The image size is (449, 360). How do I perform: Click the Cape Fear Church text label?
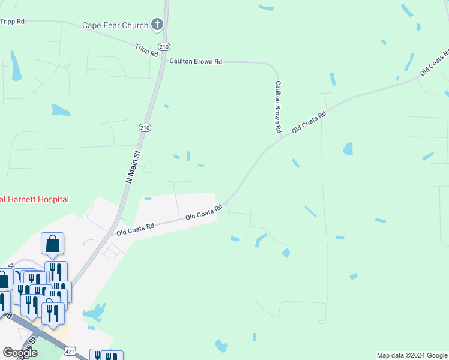click(x=115, y=25)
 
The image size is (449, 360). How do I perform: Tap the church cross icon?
click(x=157, y=25)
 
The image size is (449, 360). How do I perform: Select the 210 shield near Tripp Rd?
click(x=164, y=47)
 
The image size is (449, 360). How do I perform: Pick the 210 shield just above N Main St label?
click(x=145, y=127)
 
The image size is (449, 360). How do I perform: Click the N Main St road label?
click(x=133, y=166)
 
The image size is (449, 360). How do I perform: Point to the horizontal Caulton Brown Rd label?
click(x=196, y=61)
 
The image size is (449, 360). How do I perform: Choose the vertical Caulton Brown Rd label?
click(x=278, y=106)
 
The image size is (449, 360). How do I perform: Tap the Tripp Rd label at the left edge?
click(x=12, y=21)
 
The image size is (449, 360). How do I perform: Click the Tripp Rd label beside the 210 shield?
click(x=146, y=50)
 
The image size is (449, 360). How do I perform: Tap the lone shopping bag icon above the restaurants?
click(x=53, y=244)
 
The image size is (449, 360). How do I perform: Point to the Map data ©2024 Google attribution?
click(x=412, y=355)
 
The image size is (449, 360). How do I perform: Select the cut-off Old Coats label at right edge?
click(x=435, y=62)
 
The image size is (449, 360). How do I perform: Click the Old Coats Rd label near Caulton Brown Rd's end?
click(x=309, y=122)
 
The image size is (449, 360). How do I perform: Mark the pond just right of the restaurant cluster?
click(x=94, y=313)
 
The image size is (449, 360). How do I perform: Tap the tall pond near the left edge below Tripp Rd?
click(x=16, y=65)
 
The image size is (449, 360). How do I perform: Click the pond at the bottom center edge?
click(x=221, y=346)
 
